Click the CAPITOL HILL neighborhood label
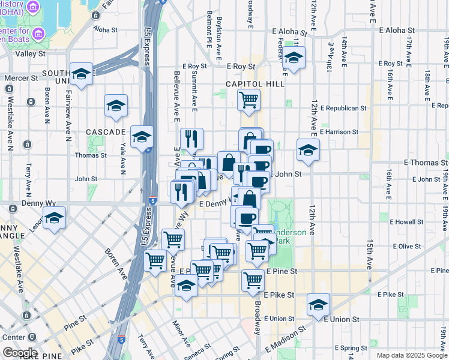[255, 85]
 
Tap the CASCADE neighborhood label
[105, 131]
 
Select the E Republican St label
[343, 109]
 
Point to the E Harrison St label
[339, 132]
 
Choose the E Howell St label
[406, 222]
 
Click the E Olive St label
[407, 246]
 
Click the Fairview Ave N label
[69, 103]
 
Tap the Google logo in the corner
[19, 353]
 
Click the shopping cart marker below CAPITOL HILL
[249, 100]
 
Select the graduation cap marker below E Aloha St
[294, 59]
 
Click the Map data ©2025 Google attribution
[412, 355]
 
